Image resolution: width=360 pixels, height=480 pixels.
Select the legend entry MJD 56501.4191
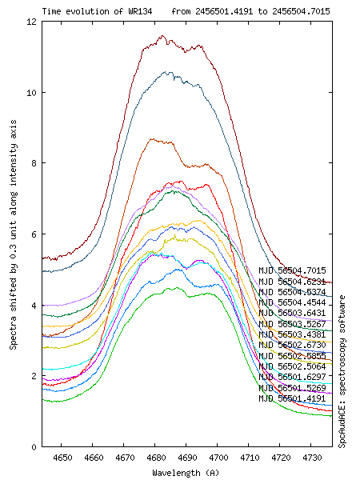coord(292,398)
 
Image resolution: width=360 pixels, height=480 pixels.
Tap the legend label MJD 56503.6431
coord(292,313)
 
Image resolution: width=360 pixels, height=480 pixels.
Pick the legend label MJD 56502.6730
coord(292,345)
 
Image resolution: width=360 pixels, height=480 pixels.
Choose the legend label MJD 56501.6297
coord(292,377)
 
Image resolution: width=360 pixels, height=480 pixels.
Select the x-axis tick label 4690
coord(186,458)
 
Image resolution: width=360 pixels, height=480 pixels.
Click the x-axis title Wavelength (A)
coord(186,472)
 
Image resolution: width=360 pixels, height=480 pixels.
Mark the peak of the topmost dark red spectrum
coord(162,36)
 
